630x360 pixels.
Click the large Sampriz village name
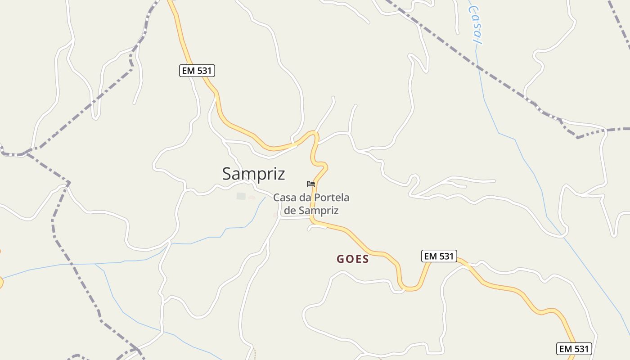(x=253, y=174)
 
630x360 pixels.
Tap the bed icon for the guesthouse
(x=310, y=184)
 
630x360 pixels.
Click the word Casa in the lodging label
(x=284, y=198)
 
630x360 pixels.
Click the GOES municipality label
(x=353, y=259)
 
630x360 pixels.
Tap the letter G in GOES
(x=341, y=259)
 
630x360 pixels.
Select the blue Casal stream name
(x=475, y=25)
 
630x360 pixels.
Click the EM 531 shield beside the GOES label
(x=439, y=256)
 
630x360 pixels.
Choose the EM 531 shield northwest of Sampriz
(x=197, y=71)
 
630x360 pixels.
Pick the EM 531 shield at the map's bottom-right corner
(x=574, y=349)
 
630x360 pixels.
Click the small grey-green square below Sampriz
(x=242, y=196)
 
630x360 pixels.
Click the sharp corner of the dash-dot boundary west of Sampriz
(x=69, y=183)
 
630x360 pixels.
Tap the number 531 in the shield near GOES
(x=445, y=256)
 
